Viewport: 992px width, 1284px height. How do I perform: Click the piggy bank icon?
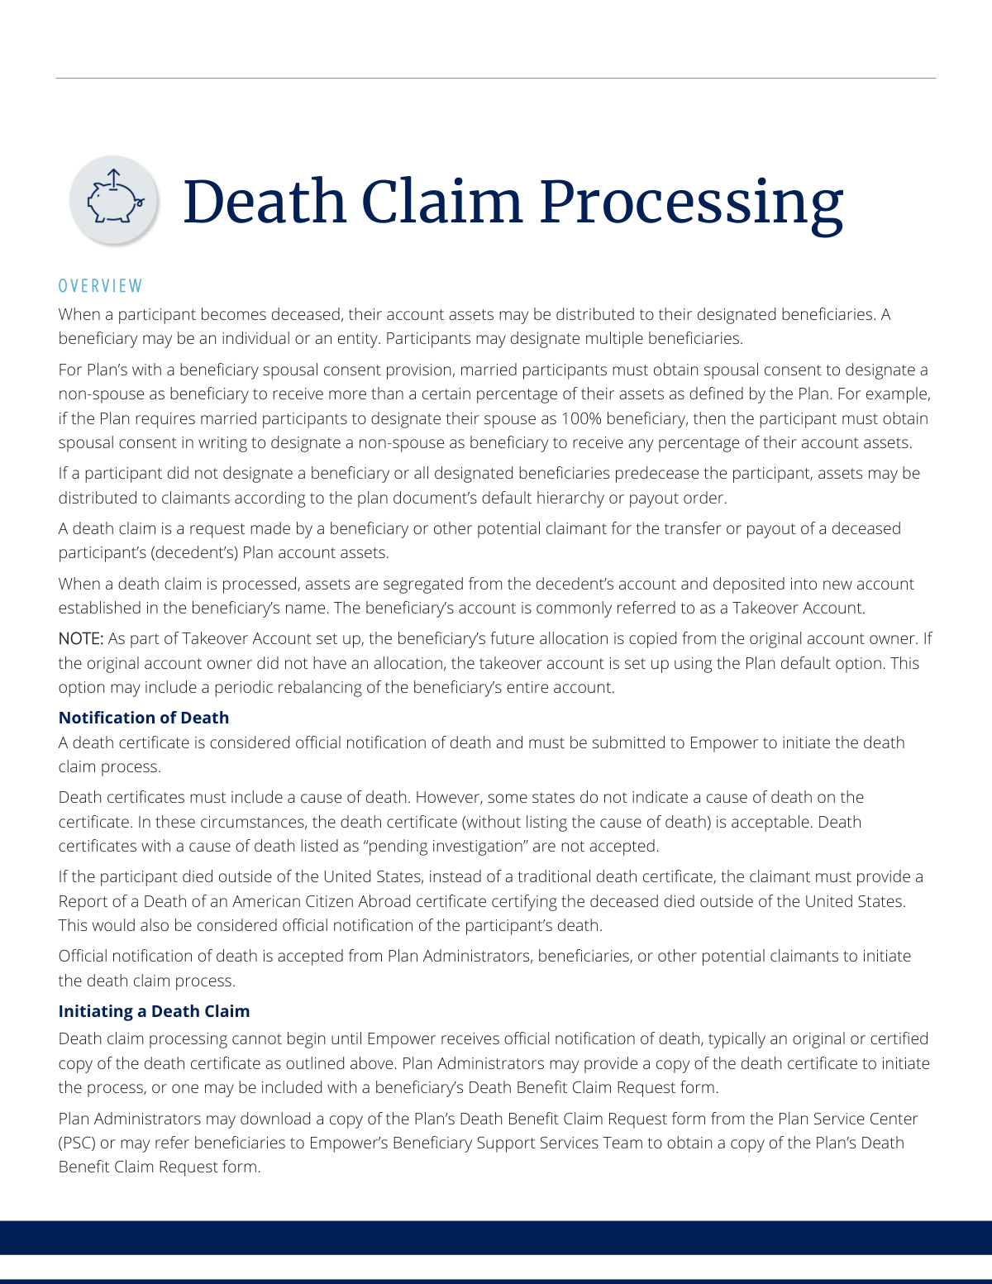pyautogui.click(x=113, y=200)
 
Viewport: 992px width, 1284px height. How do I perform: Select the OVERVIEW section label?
pyautogui.click(x=101, y=286)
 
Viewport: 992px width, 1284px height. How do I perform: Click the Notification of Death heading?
pyautogui.click(x=144, y=718)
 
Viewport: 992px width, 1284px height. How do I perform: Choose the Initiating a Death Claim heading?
pyautogui.click(x=154, y=1011)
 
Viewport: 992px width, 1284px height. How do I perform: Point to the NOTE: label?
pyautogui.click(x=81, y=639)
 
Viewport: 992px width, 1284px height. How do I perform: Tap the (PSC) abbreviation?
pyautogui.click(x=77, y=1143)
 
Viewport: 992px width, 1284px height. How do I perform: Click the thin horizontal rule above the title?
pyautogui.click(x=496, y=79)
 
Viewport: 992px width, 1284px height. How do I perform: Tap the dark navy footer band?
pyautogui.click(x=496, y=1238)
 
